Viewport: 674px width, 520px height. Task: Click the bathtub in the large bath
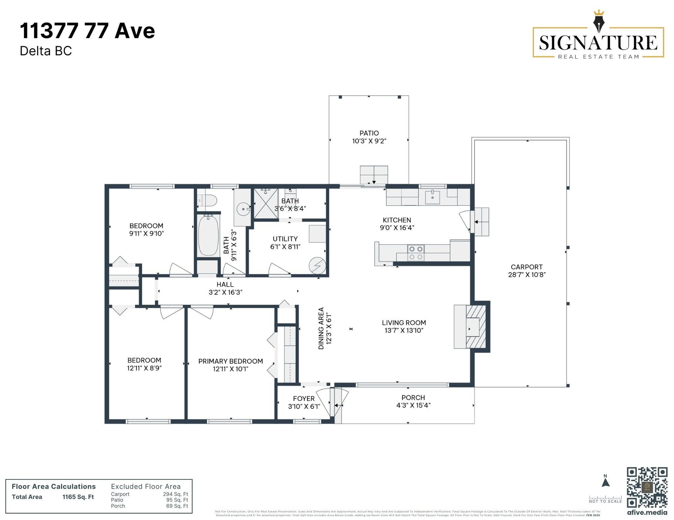click(x=208, y=235)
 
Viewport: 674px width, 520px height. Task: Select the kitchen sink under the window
click(x=432, y=197)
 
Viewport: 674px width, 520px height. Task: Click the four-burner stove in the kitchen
click(x=415, y=253)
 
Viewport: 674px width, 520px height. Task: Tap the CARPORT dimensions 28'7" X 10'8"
click(x=527, y=275)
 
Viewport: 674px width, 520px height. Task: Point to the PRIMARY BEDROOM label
click(x=230, y=361)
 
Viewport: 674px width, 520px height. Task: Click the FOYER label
click(x=304, y=399)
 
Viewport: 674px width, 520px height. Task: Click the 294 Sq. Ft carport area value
click(x=175, y=494)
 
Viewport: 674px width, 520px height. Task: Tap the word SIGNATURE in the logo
click(x=598, y=43)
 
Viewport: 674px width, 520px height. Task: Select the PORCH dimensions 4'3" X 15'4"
click(x=413, y=405)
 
